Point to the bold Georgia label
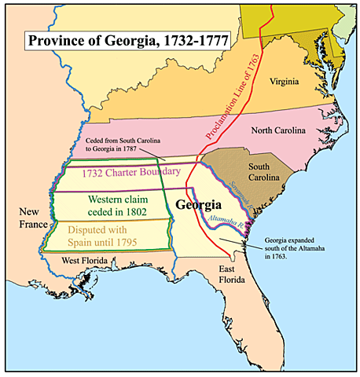199,205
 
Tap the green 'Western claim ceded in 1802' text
106,203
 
